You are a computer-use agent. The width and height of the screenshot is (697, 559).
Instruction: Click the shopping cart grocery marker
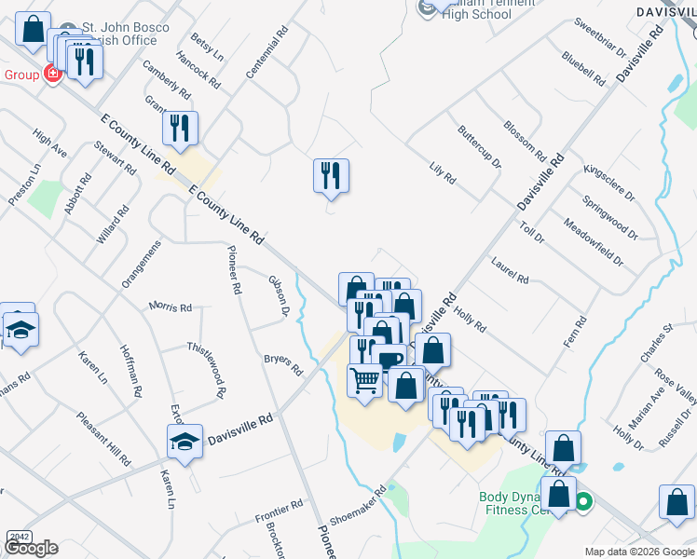[364, 379]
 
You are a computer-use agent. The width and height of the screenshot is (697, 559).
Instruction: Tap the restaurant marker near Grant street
[179, 128]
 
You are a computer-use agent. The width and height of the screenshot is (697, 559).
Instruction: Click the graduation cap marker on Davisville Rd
[185, 442]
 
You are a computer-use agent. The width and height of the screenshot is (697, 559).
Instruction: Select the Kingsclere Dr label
[608, 183]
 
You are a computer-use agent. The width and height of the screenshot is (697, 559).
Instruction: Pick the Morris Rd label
[171, 307]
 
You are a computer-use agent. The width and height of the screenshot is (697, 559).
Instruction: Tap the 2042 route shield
[19, 537]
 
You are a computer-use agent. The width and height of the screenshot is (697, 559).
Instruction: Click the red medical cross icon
[52, 74]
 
